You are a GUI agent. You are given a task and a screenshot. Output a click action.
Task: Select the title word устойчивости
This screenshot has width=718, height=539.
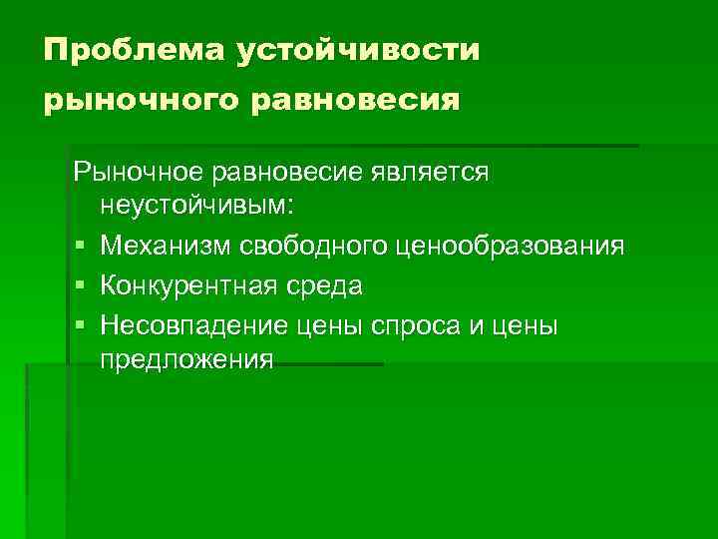coord(358,49)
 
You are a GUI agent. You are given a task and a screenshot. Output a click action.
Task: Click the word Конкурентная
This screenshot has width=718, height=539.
coord(190,285)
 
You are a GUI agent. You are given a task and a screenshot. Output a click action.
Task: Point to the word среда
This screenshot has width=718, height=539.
coord(325,285)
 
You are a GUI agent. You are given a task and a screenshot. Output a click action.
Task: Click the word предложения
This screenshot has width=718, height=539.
coord(186,358)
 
